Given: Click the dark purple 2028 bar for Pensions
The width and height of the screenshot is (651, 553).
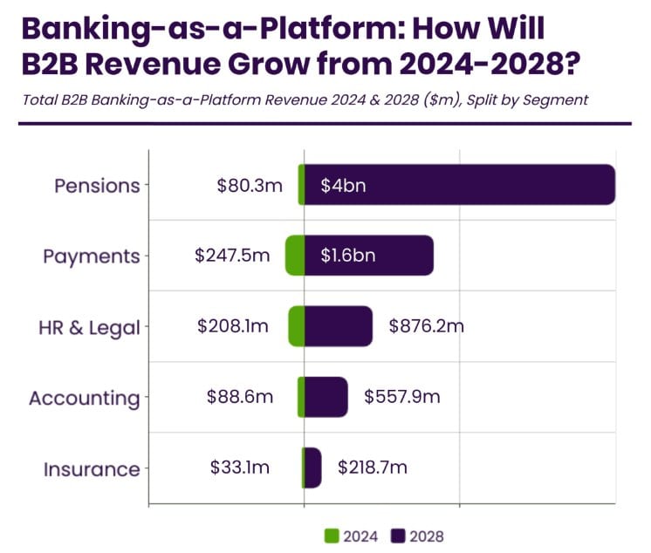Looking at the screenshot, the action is [460, 185].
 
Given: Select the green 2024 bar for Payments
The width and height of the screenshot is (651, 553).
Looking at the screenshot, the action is [295, 256].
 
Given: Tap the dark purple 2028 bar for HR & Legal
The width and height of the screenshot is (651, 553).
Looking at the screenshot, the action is [339, 326].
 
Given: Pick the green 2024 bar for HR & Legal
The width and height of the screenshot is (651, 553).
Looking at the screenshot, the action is [297, 326].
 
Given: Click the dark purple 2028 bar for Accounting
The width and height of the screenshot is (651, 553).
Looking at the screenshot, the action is [325, 397].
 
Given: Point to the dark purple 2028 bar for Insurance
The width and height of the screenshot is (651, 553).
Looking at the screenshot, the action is [313, 468].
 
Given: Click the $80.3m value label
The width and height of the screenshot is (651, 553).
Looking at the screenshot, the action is [250, 186].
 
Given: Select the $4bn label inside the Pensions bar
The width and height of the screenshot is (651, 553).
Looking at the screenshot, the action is [343, 186].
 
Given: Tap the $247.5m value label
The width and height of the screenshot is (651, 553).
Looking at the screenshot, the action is [232, 256].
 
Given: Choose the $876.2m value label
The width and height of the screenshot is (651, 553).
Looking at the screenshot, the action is [427, 326].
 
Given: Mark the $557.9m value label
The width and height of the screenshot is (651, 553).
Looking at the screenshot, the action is [402, 397].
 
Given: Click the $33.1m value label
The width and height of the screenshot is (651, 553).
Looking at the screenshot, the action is [240, 468].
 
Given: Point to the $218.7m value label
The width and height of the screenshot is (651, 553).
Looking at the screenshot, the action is [373, 468].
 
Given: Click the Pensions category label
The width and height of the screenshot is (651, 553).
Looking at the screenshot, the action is [97, 186].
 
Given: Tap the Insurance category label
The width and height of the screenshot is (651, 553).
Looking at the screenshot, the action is [92, 469].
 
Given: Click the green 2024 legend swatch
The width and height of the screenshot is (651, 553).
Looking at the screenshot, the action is [332, 536].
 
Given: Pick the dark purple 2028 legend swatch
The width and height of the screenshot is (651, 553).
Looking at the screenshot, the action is [398, 536].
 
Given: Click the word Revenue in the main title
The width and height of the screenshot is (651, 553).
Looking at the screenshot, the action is [154, 65].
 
